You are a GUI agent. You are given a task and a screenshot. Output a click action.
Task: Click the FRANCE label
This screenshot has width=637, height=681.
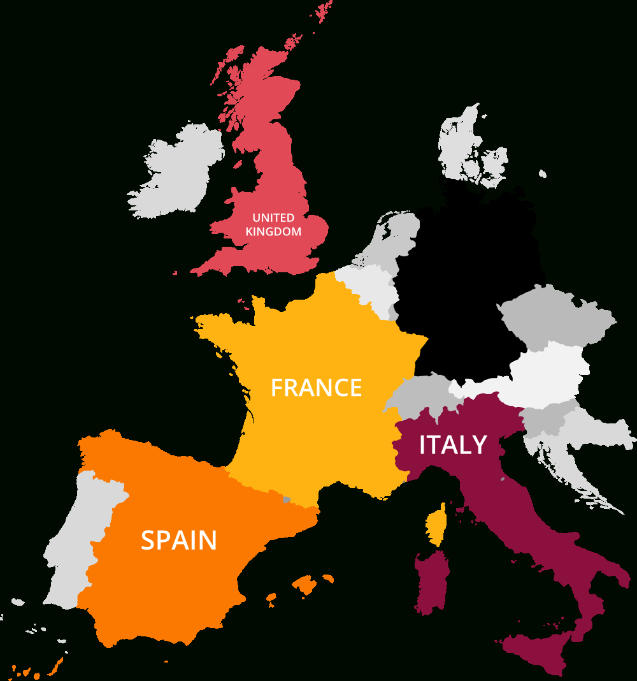316,388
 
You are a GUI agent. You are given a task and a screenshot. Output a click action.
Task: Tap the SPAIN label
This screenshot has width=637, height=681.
178,540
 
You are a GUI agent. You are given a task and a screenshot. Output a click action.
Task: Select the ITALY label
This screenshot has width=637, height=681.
453,445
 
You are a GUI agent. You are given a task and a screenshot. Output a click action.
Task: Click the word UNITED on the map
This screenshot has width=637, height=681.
273,218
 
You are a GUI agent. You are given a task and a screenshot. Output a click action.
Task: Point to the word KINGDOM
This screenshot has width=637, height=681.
273,232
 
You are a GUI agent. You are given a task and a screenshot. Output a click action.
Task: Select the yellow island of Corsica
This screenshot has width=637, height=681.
436,526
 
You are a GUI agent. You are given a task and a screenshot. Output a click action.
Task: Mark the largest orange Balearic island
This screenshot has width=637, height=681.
306,583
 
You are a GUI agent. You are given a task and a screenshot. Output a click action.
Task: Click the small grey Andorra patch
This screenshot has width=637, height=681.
287,500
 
